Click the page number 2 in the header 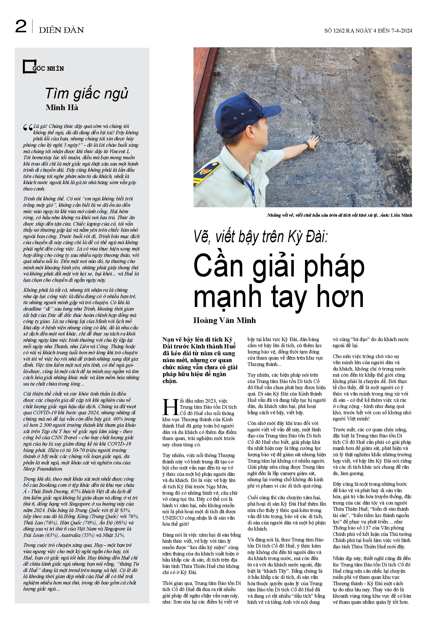21,27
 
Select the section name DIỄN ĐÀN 61,30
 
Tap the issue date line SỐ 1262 368,31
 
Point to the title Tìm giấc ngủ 87,94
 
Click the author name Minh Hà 62,108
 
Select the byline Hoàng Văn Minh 224,320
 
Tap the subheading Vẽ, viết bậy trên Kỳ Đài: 260,236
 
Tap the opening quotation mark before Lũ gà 28,127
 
